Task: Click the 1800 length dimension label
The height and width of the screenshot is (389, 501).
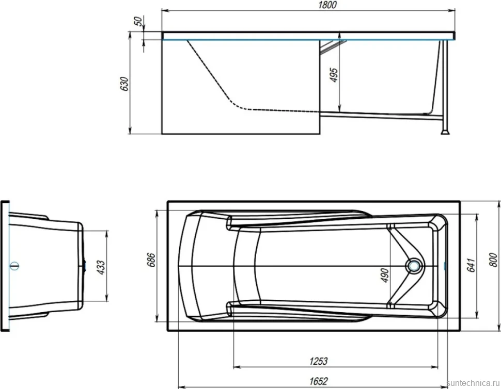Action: tap(328, 5)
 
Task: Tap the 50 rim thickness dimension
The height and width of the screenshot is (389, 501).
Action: tap(138, 21)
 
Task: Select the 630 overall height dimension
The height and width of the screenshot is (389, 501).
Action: tap(124, 84)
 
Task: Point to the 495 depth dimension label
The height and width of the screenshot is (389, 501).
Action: tap(334, 75)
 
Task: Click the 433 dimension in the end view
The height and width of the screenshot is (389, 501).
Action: tap(101, 268)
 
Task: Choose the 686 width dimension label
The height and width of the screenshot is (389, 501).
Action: tap(151, 260)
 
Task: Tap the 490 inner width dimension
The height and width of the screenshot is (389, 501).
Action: tap(385, 275)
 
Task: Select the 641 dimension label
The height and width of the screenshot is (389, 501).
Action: tap(471, 265)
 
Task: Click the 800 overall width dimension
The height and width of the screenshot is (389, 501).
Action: tap(493, 260)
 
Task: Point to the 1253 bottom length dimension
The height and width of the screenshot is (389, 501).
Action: tap(319, 361)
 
